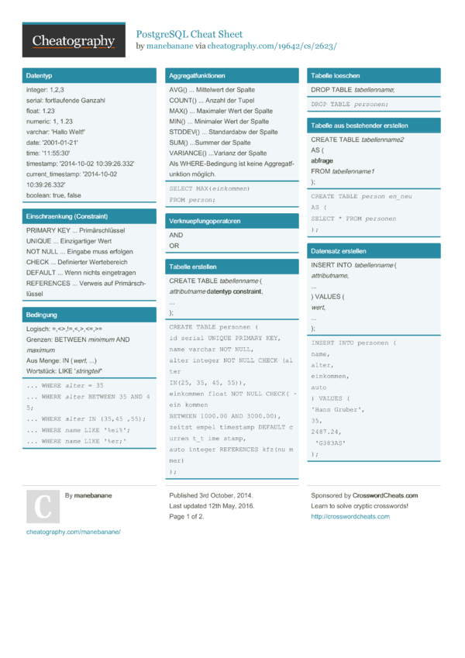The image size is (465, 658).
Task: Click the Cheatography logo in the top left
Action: [74, 41]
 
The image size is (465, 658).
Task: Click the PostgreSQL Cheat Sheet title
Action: [189, 34]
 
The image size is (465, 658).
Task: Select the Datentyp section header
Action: [39, 78]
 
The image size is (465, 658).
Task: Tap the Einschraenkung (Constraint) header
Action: [67, 216]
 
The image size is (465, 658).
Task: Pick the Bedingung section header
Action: [42, 315]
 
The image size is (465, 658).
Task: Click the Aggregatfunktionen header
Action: [197, 76]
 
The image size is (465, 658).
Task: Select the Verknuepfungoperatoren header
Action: [205, 221]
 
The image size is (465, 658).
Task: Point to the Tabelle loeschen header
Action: [335, 76]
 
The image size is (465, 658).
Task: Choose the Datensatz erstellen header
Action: [339, 251]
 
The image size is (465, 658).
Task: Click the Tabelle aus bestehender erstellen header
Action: [359, 126]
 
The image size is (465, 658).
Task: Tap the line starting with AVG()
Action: [212, 90]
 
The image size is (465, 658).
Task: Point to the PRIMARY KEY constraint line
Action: [75, 231]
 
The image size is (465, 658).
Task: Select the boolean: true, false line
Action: [53, 195]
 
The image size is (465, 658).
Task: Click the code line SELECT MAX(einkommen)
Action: [209, 188]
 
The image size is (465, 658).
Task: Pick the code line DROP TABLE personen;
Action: [349, 104]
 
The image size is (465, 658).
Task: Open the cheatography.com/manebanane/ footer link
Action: [74, 532]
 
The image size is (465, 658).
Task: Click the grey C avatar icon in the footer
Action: [43, 506]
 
